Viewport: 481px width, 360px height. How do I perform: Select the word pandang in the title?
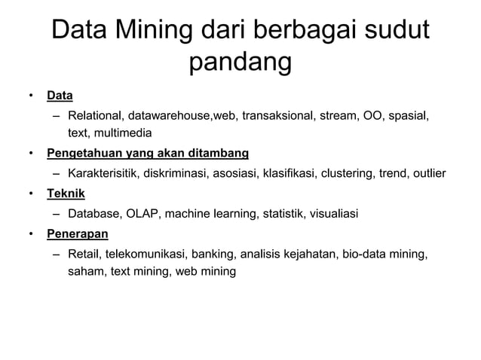click(x=240, y=63)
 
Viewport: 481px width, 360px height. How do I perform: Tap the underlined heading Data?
click(x=60, y=96)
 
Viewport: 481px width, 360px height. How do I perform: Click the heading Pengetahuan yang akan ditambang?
click(x=147, y=154)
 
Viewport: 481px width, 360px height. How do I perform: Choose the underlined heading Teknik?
click(x=66, y=194)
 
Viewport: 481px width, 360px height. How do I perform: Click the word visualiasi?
click(x=330, y=213)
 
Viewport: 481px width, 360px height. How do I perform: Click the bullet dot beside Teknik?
click(x=31, y=194)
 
